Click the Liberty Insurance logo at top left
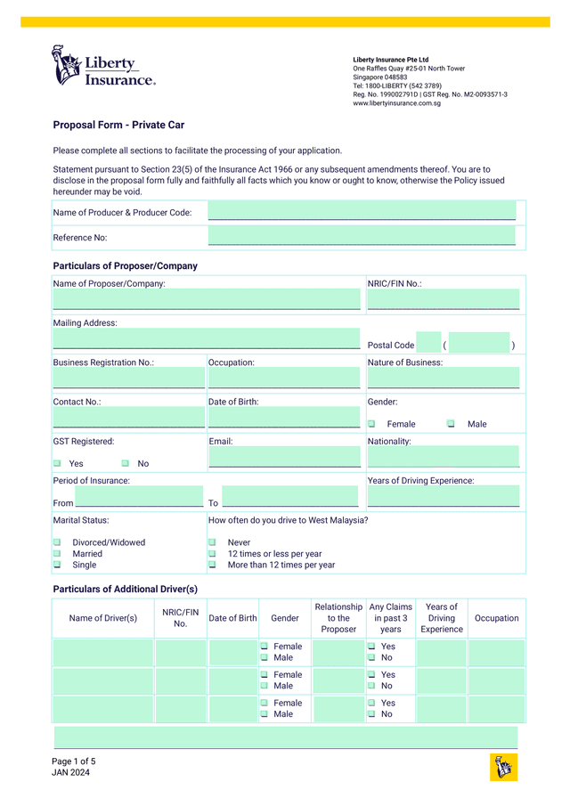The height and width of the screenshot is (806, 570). (103, 66)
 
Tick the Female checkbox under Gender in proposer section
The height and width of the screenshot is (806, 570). (372, 424)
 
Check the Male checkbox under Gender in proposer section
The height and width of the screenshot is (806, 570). (451, 424)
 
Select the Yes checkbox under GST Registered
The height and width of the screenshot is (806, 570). (57, 463)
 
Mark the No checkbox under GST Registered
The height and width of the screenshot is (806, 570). (125, 463)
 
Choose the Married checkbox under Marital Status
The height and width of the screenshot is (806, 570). (57, 553)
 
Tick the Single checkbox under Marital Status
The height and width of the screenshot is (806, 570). (57, 565)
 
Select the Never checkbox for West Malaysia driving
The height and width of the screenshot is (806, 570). (212, 541)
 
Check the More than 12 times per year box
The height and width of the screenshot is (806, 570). (212, 565)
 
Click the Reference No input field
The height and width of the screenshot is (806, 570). (362, 237)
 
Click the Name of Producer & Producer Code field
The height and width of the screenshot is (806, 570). (362, 212)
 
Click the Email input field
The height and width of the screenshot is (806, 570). (284, 457)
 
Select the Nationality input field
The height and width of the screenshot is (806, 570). (443, 457)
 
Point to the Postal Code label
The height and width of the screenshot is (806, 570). (391, 346)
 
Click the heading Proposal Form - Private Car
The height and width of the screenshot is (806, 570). (118, 126)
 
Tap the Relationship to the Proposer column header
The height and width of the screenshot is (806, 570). (338, 618)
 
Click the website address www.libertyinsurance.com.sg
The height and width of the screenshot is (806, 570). (397, 103)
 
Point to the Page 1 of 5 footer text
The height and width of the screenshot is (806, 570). (73, 761)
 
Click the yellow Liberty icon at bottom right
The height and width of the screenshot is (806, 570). (503, 767)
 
